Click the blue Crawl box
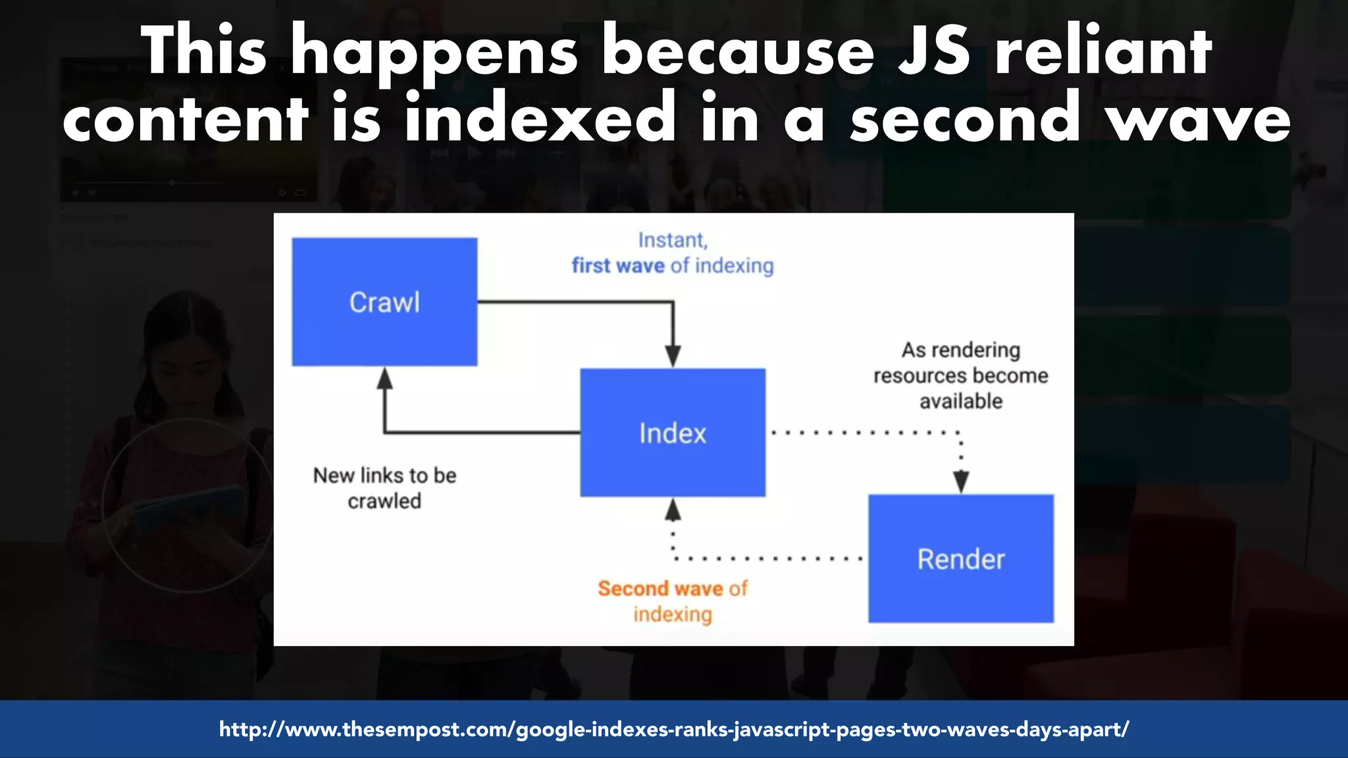click(384, 301)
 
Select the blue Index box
click(672, 432)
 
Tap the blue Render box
click(960, 559)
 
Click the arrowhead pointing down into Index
click(672, 356)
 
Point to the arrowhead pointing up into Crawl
click(384, 379)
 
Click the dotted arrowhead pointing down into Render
click(960, 482)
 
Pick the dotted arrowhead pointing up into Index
click(672, 510)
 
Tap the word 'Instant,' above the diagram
click(672, 240)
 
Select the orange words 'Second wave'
click(660, 588)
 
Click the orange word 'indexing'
click(672, 615)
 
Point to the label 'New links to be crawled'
click(384, 488)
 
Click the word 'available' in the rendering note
click(960, 401)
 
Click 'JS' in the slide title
click(934, 51)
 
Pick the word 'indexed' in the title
click(540, 118)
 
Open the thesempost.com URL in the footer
click(673, 729)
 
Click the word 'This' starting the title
click(204, 51)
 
